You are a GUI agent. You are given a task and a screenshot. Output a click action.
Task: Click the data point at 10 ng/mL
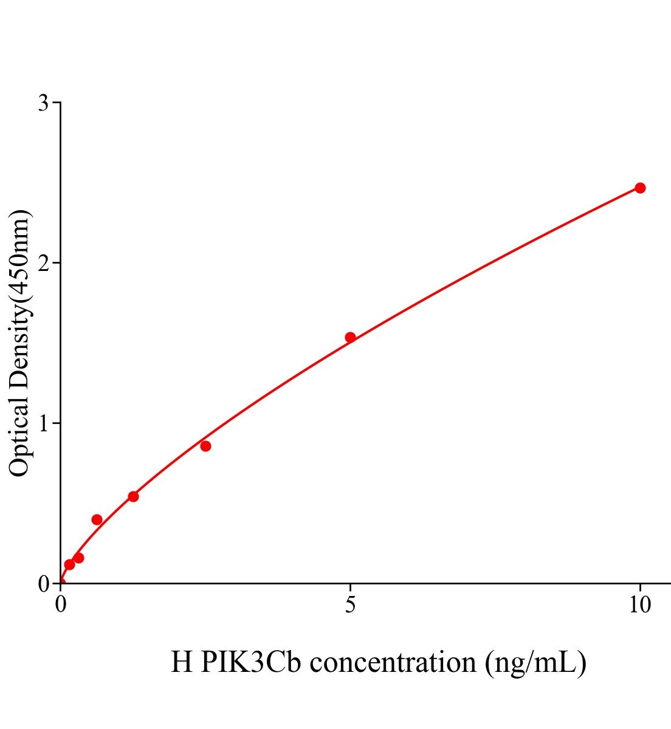click(640, 188)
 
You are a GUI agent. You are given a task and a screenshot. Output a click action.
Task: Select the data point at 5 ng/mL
click(350, 337)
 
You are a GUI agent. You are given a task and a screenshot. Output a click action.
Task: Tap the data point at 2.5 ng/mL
click(205, 446)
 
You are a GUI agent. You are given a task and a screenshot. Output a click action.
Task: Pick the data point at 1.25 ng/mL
click(133, 496)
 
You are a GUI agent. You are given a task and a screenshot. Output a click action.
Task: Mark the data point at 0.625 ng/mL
click(97, 519)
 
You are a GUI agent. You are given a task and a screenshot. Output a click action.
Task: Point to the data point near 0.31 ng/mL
click(78, 558)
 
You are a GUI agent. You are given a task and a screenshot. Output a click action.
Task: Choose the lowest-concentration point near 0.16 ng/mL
click(69, 564)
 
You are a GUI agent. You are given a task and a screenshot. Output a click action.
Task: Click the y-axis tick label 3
click(43, 103)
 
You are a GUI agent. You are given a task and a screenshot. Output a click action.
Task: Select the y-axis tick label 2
click(43, 263)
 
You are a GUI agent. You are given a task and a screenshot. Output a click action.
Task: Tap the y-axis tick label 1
click(43, 423)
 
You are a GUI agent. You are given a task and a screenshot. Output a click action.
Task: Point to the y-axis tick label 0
click(43, 584)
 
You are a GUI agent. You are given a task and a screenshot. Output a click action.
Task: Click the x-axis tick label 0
click(61, 604)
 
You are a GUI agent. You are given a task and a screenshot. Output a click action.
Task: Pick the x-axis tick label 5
click(350, 604)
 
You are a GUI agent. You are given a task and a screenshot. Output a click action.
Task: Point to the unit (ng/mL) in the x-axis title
click(535, 662)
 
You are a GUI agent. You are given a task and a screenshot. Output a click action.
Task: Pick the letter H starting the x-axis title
click(182, 662)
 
